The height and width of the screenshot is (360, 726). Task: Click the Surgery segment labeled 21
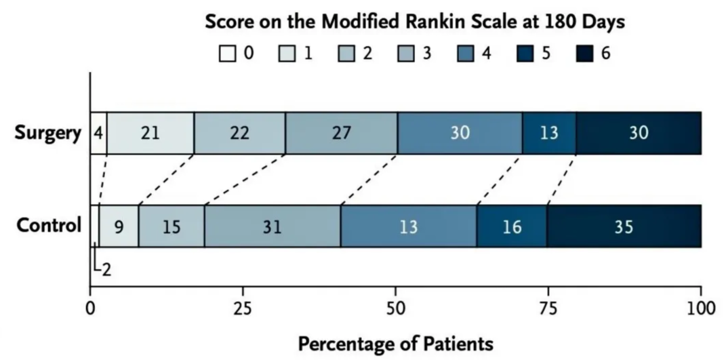[x=150, y=133]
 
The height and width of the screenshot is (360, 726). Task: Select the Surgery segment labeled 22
[x=240, y=133]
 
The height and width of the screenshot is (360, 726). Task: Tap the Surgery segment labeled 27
[x=342, y=133]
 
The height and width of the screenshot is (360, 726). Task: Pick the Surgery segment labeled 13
[x=549, y=133]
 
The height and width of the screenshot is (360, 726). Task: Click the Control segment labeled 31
[x=273, y=226]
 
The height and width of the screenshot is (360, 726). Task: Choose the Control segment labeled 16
[x=512, y=226]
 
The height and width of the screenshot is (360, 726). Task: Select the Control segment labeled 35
[x=624, y=226]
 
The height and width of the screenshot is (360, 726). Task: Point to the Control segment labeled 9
[x=119, y=226]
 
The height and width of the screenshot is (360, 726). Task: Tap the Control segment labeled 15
[x=172, y=226]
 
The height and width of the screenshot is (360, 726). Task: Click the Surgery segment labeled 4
[x=98, y=133]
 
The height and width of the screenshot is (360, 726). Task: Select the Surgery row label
[x=48, y=133]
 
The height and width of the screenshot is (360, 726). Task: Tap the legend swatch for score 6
[x=585, y=53]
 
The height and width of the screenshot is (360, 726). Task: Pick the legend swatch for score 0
[x=227, y=53]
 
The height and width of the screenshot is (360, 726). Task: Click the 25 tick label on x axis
[x=243, y=309]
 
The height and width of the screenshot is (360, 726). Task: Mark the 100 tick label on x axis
[x=700, y=309]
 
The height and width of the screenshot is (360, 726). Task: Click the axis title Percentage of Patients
[x=396, y=344]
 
